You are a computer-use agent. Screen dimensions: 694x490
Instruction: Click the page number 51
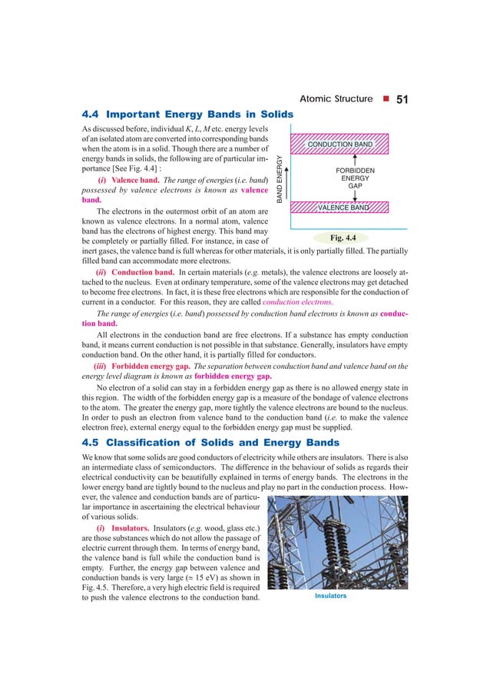[405, 100]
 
